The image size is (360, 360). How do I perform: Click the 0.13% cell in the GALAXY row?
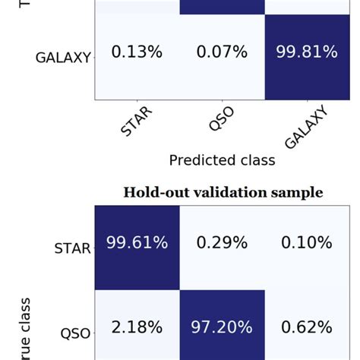(x=137, y=52)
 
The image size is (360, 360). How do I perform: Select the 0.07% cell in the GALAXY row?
(x=222, y=52)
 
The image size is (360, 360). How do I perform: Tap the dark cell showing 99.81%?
(x=307, y=52)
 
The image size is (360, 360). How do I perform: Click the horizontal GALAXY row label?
(x=63, y=57)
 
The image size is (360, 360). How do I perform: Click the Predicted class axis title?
(x=222, y=160)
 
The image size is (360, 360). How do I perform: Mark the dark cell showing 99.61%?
(x=137, y=243)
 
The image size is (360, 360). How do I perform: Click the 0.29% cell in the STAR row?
(x=222, y=243)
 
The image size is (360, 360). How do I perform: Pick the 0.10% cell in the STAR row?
(x=307, y=243)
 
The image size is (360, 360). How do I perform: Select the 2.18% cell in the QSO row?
(x=137, y=327)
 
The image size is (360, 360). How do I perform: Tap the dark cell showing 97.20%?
(x=222, y=327)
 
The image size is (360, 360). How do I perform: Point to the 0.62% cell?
(x=307, y=327)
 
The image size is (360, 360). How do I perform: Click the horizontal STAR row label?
(x=73, y=248)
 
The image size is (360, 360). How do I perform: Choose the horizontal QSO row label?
(x=75, y=332)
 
